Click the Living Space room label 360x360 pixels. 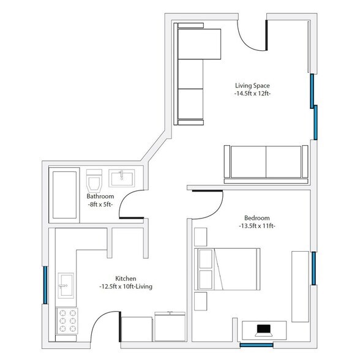click(x=252, y=85)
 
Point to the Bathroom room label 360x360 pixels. click(x=101, y=197)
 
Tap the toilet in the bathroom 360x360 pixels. click(x=94, y=181)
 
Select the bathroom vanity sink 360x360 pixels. click(x=123, y=179)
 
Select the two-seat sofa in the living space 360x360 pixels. click(x=266, y=163)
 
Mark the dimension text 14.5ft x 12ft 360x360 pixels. click(x=252, y=94)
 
